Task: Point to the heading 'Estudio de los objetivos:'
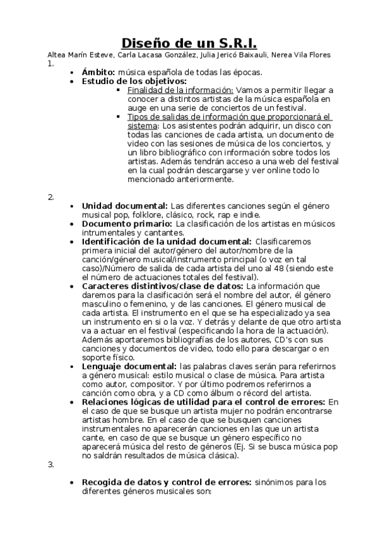(134, 82)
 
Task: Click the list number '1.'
(51, 64)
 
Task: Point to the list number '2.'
(51, 197)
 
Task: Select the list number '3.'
(51, 465)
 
